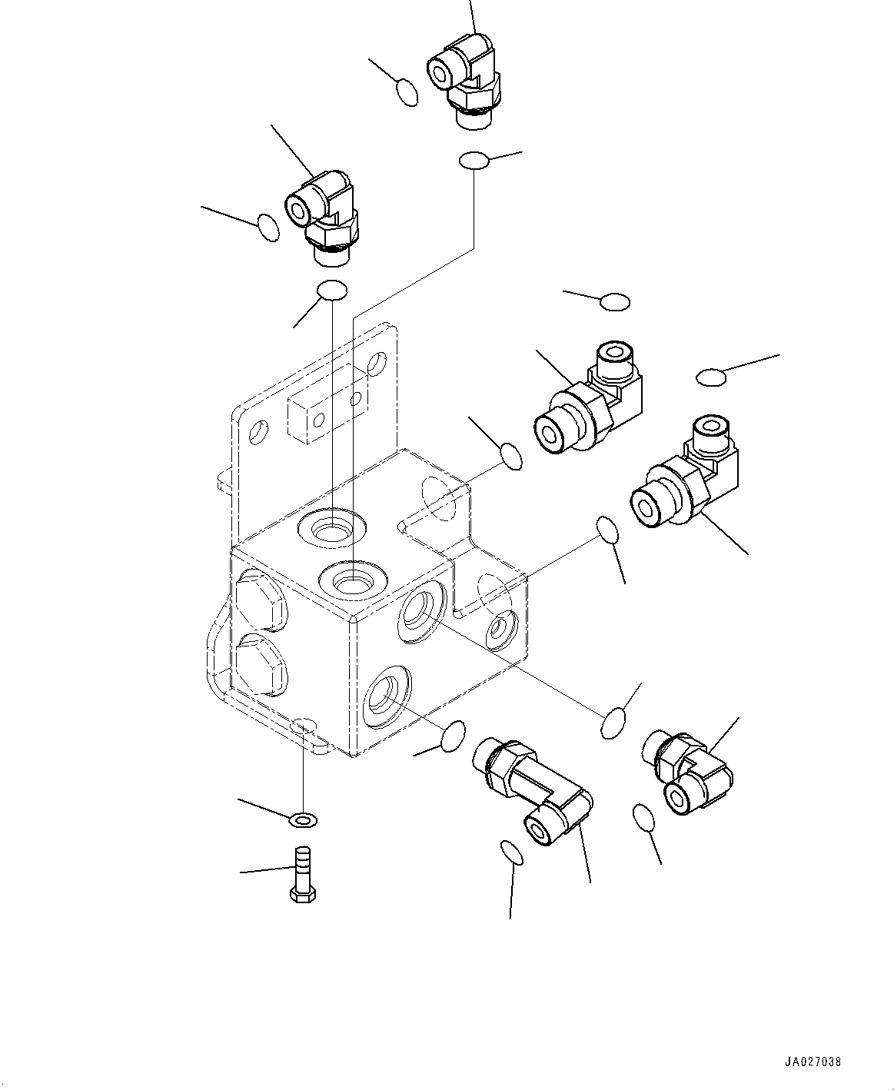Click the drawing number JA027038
click(813, 1062)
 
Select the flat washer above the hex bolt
click(303, 819)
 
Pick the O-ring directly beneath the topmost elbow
click(474, 161)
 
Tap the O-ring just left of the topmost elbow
click(407, 92)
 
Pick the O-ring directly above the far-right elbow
click(711, 377)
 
